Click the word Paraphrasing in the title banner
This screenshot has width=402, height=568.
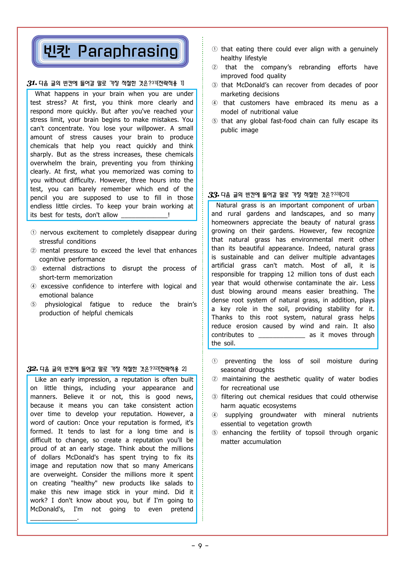pos(128,51)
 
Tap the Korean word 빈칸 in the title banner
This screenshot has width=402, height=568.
pos(57,51)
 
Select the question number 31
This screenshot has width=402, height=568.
pos(32,83)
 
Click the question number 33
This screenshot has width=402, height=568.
pos(214,195)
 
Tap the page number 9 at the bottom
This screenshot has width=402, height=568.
pos(200,546)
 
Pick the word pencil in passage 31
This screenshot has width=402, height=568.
pos(39,198)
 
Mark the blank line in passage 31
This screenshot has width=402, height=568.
pos(144,215)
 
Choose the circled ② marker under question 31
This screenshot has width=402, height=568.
pos(33,250)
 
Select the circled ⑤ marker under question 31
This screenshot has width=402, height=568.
pos(33,304)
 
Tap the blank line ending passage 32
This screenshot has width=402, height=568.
pos(53,518)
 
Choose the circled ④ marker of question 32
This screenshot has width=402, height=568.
pos(215,103)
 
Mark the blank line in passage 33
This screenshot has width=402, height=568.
pos(281,335)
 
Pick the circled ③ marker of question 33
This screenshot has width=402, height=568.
pos(215,397)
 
